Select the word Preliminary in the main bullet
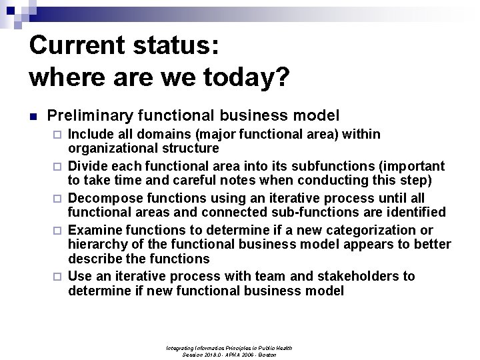pos(89,115)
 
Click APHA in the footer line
pos(233,355)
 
